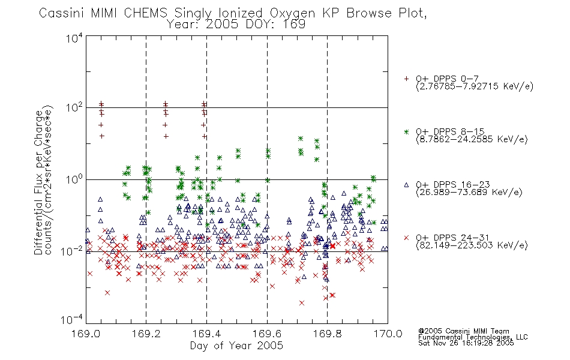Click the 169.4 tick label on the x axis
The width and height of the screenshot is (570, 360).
click(207, 334)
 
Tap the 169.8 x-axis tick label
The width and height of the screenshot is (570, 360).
click(328, 334)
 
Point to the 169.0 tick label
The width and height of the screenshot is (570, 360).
click(86, 334)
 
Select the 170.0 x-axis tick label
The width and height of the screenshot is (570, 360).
click(388, 334)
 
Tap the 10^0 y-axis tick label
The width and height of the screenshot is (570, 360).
click(74, 179)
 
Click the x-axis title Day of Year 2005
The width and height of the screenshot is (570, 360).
click(236, 346)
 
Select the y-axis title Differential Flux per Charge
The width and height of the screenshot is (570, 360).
click(38, 182)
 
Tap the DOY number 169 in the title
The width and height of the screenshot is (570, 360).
click(294, 25)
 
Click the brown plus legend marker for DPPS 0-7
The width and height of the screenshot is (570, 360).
click(406, 79)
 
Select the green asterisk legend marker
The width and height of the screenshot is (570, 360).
click(406, 131)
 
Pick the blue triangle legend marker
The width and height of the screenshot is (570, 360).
click(406, 185)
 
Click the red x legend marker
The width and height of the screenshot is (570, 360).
click(406, 238)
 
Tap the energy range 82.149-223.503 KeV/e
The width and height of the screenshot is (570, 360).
click(472, 245)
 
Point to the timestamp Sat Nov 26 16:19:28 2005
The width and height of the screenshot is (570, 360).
click(466, 343)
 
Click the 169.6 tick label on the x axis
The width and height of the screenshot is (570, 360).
click(267, 334)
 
